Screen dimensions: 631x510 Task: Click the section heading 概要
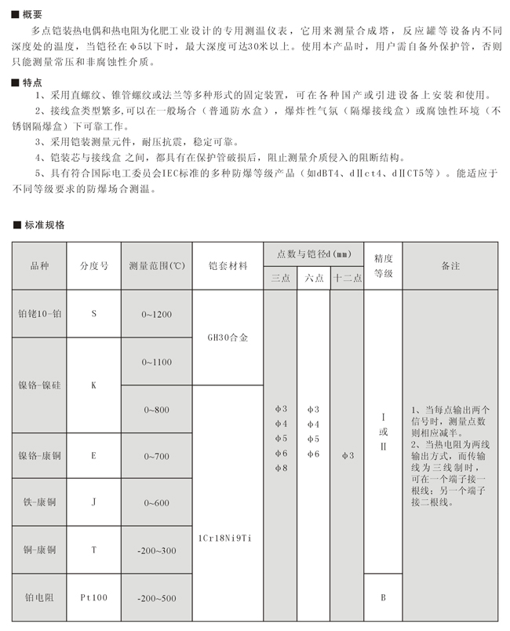coord(32,13)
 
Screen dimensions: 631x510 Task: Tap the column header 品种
coord(39,266)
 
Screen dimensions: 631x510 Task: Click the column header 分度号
coord(93,266)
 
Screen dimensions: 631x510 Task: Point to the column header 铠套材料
coord(228,266)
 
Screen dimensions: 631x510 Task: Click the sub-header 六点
coord(314,278)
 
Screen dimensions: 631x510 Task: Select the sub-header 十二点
coord(347,278)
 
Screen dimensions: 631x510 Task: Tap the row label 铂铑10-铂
coord(39,314)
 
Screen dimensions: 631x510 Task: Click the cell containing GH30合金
coord(228,338)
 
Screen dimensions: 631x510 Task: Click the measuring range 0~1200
coord(156,314)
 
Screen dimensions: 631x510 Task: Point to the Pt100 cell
coord(93,597)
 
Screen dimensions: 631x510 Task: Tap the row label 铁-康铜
coord(39,502)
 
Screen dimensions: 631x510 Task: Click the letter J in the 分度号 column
coord(93,502)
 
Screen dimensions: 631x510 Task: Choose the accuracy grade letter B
coord(383,597)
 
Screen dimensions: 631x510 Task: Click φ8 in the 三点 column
coord(281,469)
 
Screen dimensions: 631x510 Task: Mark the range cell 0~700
coord(156,455)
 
